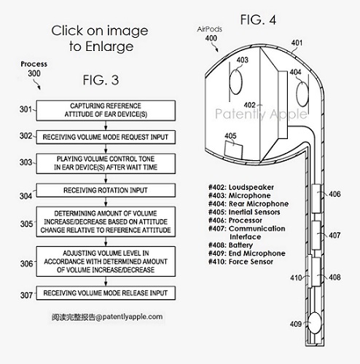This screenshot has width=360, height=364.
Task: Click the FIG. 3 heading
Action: [x=101, y=80]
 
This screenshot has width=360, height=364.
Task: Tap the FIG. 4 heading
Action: [x=258, y=20]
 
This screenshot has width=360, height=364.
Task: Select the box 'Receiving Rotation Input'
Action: [x=106, y=190]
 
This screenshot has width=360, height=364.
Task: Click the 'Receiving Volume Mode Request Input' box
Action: [x=106, y=137]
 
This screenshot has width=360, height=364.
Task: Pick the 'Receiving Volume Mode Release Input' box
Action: [x=106, y=293]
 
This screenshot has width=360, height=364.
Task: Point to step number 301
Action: [x=26, y=109]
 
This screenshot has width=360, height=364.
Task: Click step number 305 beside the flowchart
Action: [x=26, y=223]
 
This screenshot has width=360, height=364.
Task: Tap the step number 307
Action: [x=26, y=295]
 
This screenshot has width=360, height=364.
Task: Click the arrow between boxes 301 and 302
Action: [x=106, y=125]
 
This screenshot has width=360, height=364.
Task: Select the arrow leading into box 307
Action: [x=106, y=281]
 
